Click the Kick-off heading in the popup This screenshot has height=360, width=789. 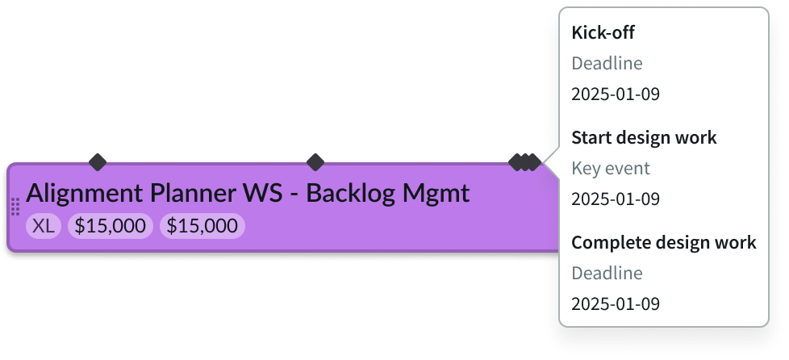tap(602, 33)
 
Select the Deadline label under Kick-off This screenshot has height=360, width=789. tap(607, 64)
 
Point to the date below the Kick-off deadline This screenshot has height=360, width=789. tap(615, 94)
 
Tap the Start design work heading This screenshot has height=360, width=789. tap(644, 138)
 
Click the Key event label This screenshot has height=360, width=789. tap(610, 169)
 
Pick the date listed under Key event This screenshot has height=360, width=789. tap(615, 199)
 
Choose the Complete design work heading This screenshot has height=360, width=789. tap(663, 243)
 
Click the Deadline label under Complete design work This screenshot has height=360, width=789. tap(607, 274)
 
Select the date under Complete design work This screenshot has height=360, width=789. tap(615, 304)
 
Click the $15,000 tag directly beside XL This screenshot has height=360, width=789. tap(110, 227)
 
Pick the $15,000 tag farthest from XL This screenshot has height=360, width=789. tap(202, 227)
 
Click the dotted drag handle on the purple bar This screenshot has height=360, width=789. tap(15, 207)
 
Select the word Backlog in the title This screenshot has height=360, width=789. tap(351, 195)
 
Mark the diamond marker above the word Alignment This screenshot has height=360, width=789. tap(98, 162)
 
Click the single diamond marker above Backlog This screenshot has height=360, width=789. tap(315, 162)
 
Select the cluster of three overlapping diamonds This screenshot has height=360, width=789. tap(525, 162)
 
